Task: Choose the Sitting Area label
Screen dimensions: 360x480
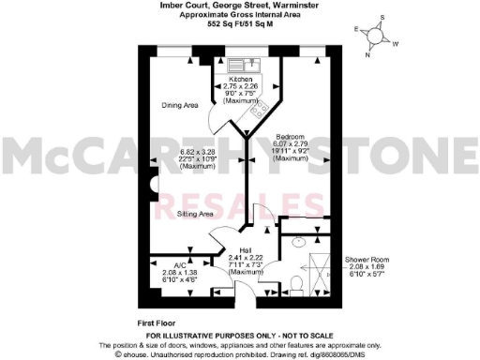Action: click(196, 215)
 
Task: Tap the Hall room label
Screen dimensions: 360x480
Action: click(246, 249)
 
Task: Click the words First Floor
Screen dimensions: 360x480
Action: click(157, 321)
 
